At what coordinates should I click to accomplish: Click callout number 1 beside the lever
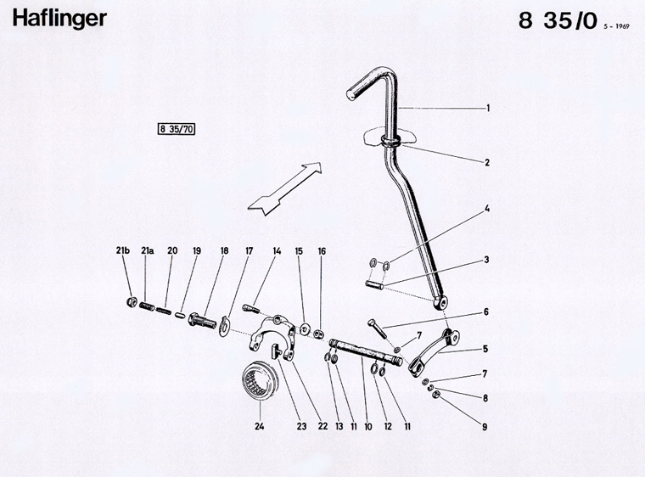click(x=488, y=109)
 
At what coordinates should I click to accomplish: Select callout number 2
click(x=487, y=161)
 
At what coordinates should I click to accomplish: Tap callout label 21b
click(x=124, y=250)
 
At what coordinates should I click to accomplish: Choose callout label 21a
click(x=148, y=250)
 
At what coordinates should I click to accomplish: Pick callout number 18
click(x=224, y=250)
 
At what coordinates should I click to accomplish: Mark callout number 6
click(x=487, y=311)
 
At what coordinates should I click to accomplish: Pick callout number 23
click(x=300, y=428)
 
